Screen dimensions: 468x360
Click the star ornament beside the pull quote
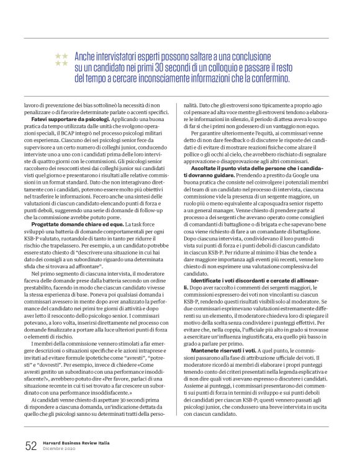point(61,60)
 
